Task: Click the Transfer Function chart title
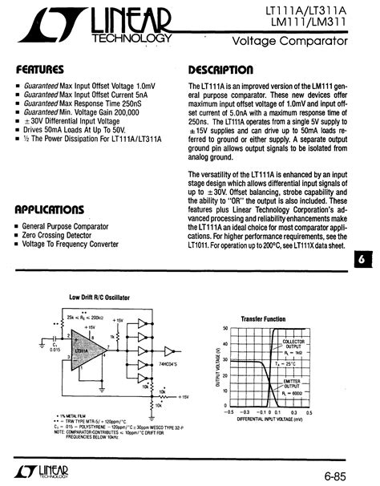coord(263,318)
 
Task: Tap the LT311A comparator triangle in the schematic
coord(83,353)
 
